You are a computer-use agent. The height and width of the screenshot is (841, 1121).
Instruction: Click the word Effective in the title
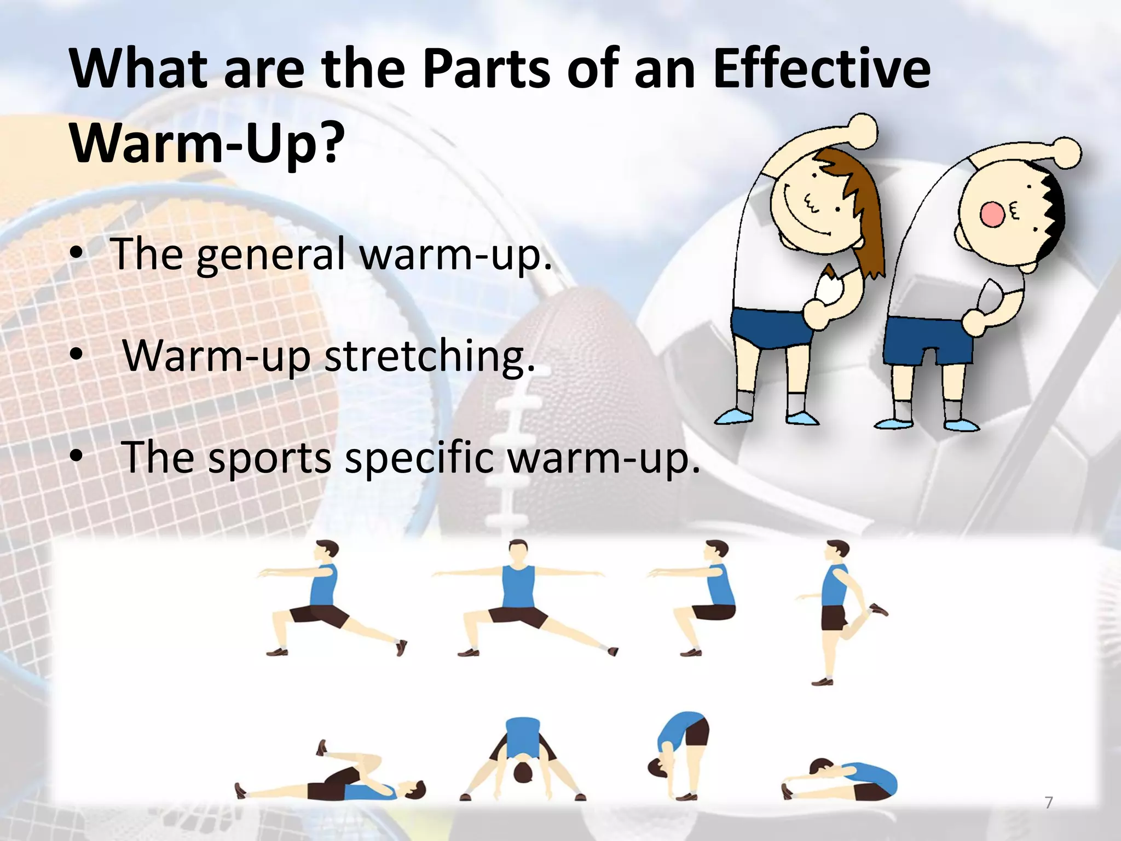(x=821, y=70)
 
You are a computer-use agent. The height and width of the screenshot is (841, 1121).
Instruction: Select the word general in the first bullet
(x=270, y=255)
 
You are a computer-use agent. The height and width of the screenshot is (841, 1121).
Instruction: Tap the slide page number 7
(x=1049, y=803)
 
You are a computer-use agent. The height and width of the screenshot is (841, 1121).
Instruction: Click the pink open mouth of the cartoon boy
(x=991, y=214)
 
